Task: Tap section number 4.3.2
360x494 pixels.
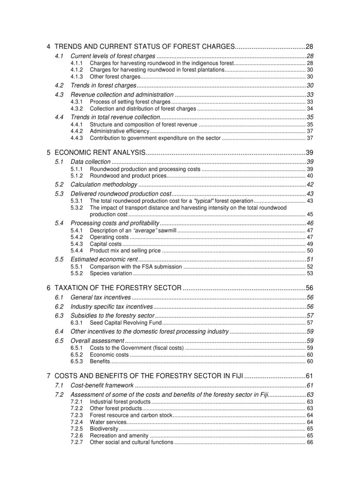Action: [x=76, y=109]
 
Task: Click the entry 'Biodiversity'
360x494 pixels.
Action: [x=104, y=428]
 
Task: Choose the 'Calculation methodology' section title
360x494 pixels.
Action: [x=104, y=184]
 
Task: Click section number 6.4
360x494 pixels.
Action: [x=59, y=331]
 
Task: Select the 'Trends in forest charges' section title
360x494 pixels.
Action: [x=103, y=85]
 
